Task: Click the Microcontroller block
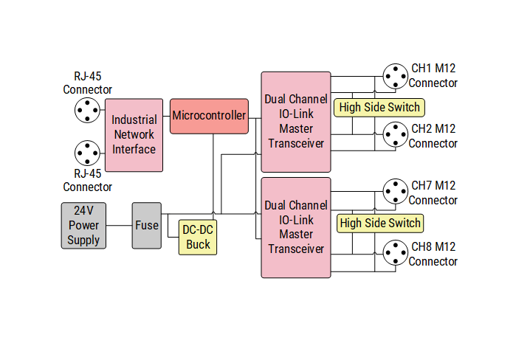tap(209, 116)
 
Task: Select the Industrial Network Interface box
tap(134, 134)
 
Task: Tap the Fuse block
tap(146, 225)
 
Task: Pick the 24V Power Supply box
tap(83, 225)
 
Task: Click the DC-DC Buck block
tap(198, 238)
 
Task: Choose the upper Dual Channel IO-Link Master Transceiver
tap(296, 122)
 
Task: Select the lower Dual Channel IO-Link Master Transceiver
tap(296, 227)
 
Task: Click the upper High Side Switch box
tap(379, 107)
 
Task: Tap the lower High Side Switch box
tap(380, 223)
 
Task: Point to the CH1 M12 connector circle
tap(395, 76)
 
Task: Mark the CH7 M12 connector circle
tap(395, 193)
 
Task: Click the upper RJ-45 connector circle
tap(87, 111)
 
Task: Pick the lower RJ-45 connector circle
tap(87, 153)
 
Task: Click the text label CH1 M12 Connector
tap(433, 75)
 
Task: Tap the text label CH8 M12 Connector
tap(433, 254)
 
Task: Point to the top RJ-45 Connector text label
tap(87, 83)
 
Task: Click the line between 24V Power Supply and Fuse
tap(119, 225)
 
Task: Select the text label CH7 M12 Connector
tap(433, 193)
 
